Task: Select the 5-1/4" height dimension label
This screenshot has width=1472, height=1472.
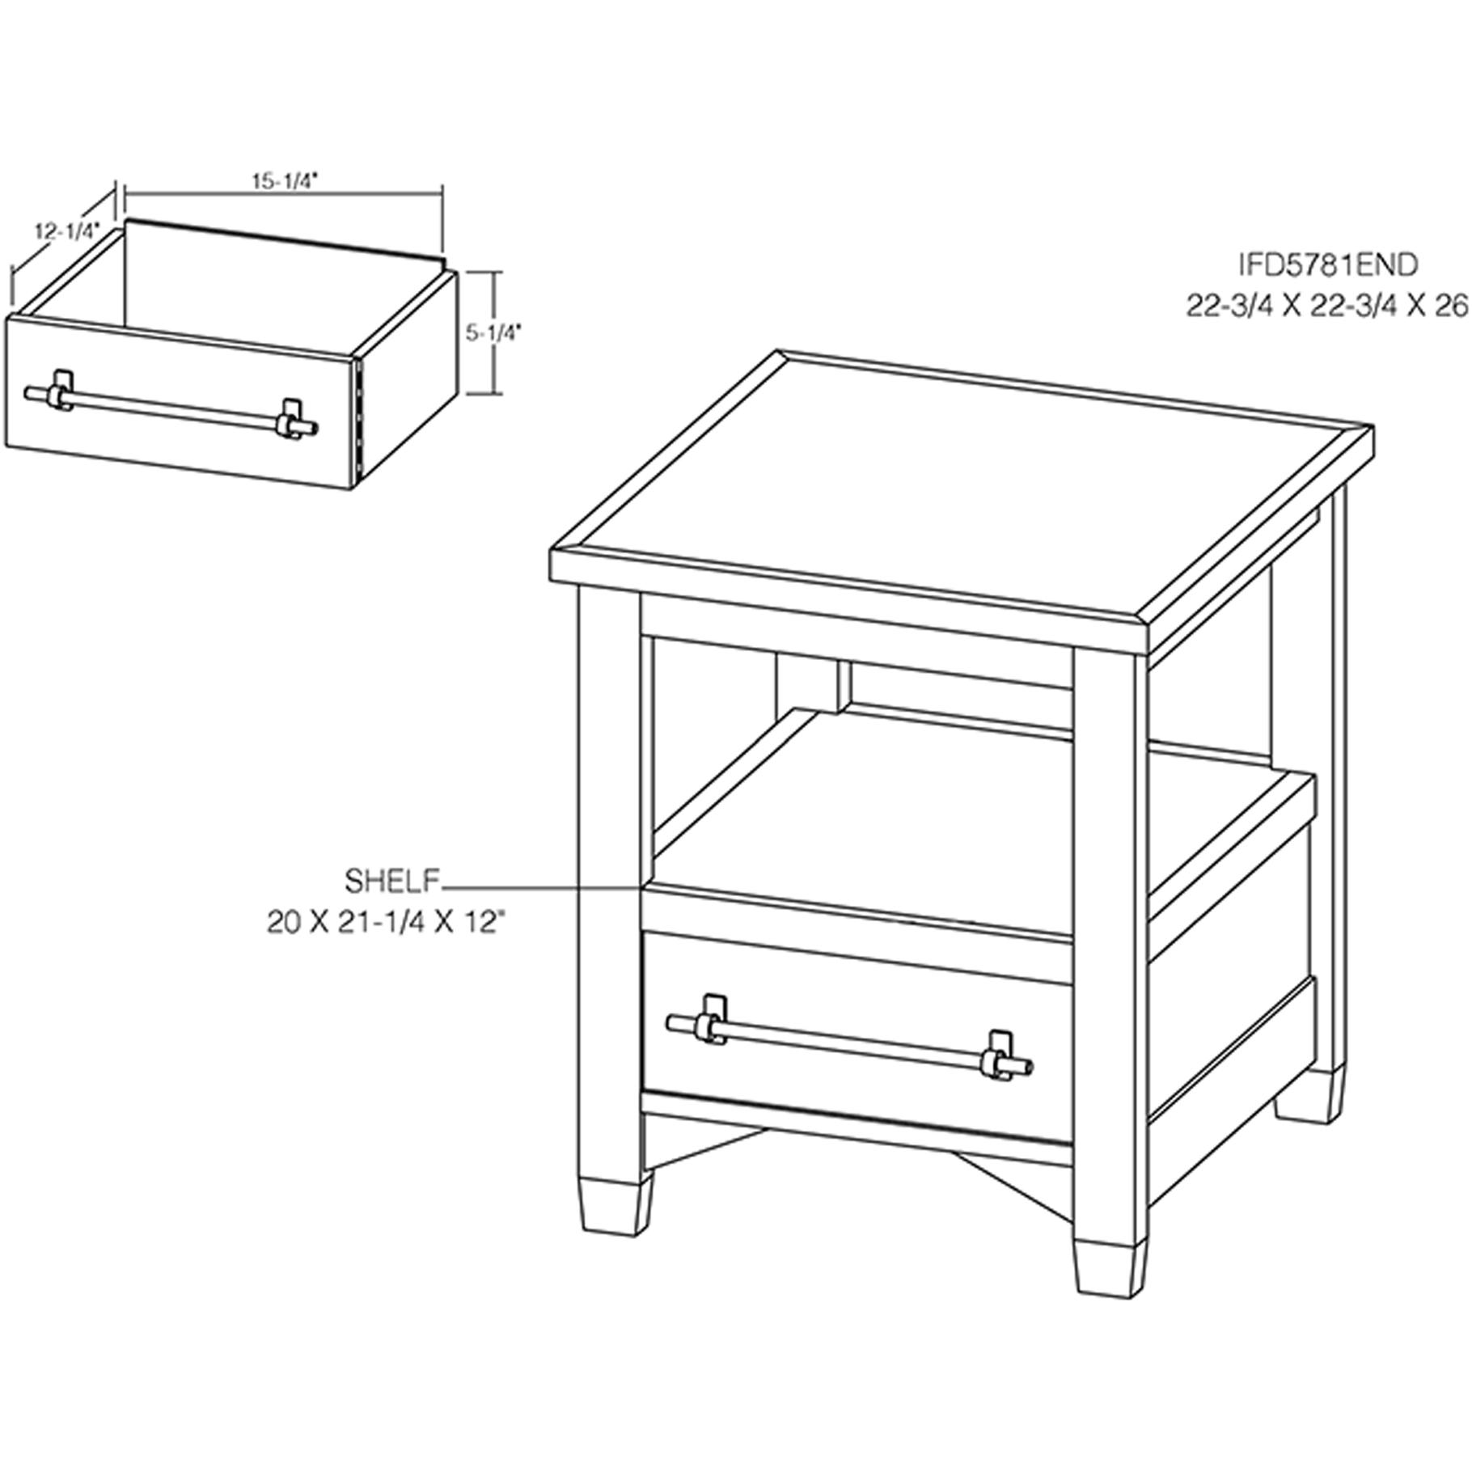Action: click(494, 332)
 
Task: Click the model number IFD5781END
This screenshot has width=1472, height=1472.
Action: click(1329, 264)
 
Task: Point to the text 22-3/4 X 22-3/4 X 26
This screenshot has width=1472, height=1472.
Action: click(1326, 307)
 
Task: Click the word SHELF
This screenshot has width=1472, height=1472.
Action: click(392, 881)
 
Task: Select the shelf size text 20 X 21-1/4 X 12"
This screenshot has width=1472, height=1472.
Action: click(391, 923)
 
